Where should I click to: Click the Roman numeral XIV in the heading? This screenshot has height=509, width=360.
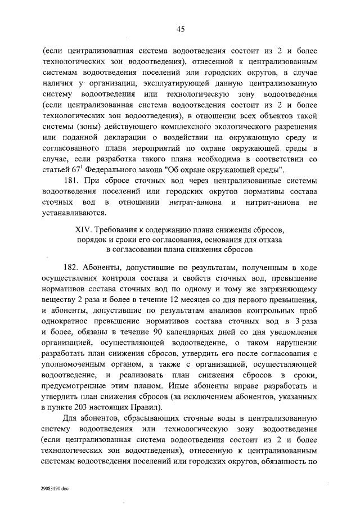(83, 231)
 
